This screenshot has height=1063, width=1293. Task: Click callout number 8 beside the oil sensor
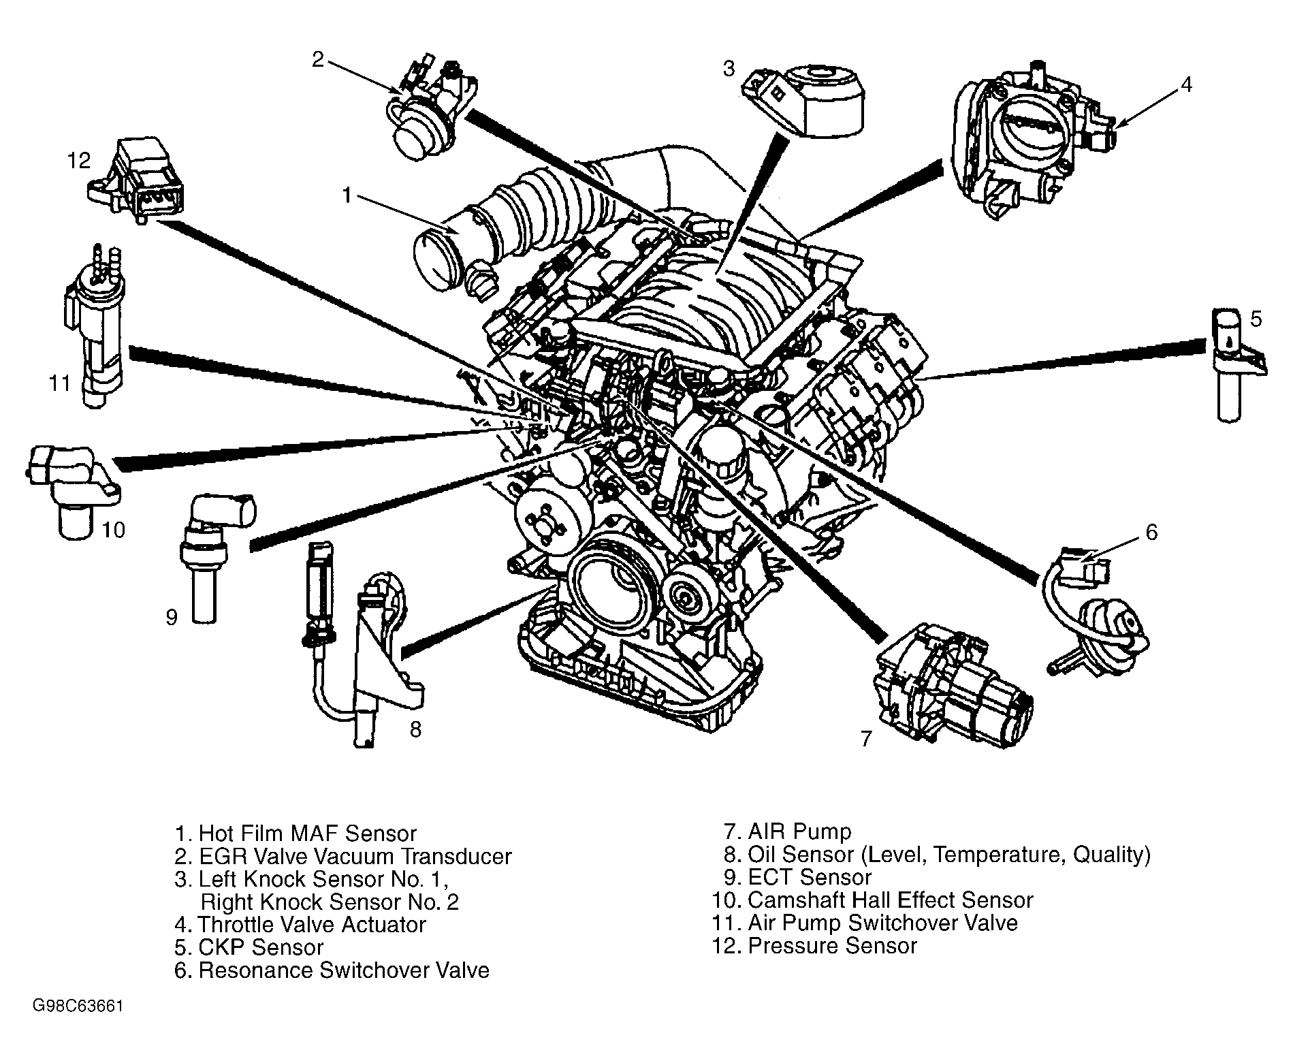[x=415, y=729]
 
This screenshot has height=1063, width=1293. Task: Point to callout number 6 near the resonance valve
[x=1151, y=532]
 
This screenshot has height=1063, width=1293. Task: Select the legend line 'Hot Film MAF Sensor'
[x=296, y=833]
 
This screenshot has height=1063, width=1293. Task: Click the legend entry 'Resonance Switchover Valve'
[x=332, y=970]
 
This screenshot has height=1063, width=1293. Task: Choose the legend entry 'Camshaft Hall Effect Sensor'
[x=873, y=900]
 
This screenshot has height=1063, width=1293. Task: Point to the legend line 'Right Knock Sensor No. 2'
[x=330, y=902]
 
